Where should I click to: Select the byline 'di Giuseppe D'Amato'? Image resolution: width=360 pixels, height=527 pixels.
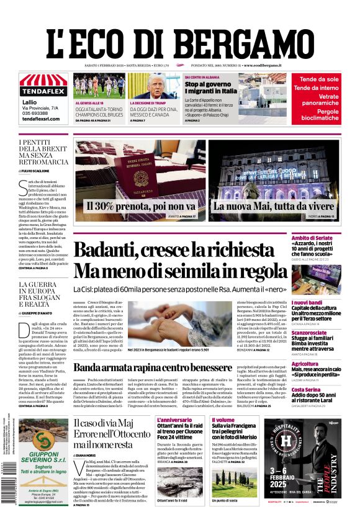click(x=38, y=313)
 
